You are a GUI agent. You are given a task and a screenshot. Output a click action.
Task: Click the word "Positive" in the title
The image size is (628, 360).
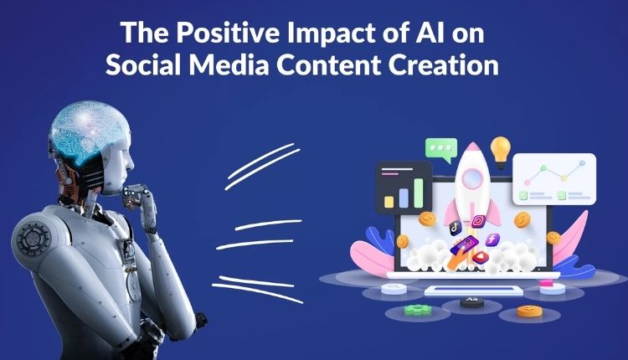click(228, 33)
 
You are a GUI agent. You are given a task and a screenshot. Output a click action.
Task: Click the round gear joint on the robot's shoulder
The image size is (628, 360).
click(34, 239)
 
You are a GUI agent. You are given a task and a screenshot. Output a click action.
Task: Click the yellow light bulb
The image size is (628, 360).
click(501, 152)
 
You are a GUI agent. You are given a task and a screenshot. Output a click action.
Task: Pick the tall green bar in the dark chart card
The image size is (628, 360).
click(418, 193)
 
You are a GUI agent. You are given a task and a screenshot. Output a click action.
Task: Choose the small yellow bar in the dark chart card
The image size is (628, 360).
click(389, 202)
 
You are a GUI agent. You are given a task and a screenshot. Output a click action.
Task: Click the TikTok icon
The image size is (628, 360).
click(455, 228)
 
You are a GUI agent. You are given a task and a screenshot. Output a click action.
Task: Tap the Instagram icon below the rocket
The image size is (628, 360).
click(478, 221)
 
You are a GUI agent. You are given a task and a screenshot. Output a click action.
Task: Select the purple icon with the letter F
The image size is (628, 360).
click(492, 240)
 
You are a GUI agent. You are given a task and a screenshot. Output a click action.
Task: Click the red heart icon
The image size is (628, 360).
click(481, 257)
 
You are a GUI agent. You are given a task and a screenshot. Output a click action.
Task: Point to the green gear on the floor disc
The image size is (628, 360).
click(418, 310)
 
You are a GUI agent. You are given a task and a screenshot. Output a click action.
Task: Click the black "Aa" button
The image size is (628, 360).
click(471, 301)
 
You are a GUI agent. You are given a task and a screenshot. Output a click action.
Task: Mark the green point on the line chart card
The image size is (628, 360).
click(543, 168)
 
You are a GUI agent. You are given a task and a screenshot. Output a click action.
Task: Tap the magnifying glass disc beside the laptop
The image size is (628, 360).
click(394, 288)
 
